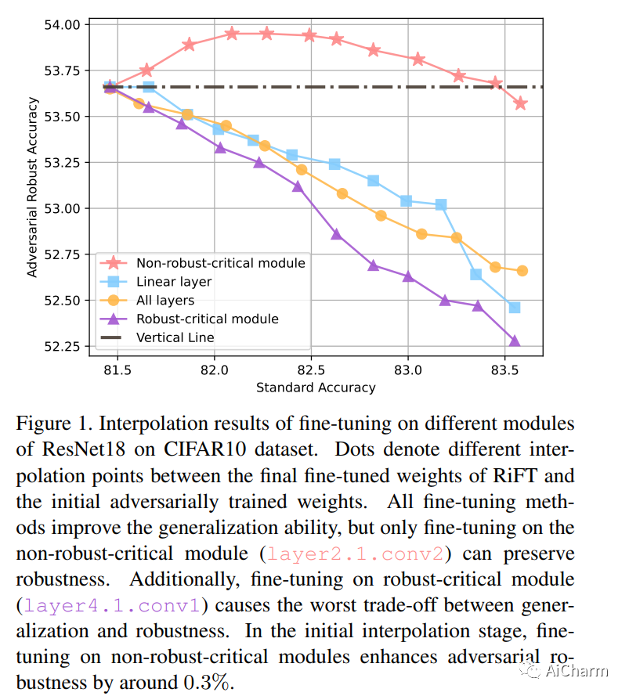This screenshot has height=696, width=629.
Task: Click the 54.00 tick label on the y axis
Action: pos(63,25)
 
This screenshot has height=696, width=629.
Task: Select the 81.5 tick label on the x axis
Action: pos(117,369)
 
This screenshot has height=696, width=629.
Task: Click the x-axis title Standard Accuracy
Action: pos(316,388)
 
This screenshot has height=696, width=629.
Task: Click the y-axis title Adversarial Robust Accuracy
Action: pos(33,187)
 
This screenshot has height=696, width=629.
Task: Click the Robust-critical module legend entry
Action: pos(207,319)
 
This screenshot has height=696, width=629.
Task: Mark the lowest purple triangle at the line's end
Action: pos(515,341)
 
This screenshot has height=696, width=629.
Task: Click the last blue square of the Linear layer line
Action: pos(515,308)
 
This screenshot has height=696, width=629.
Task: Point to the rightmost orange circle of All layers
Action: pos(522,271)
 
